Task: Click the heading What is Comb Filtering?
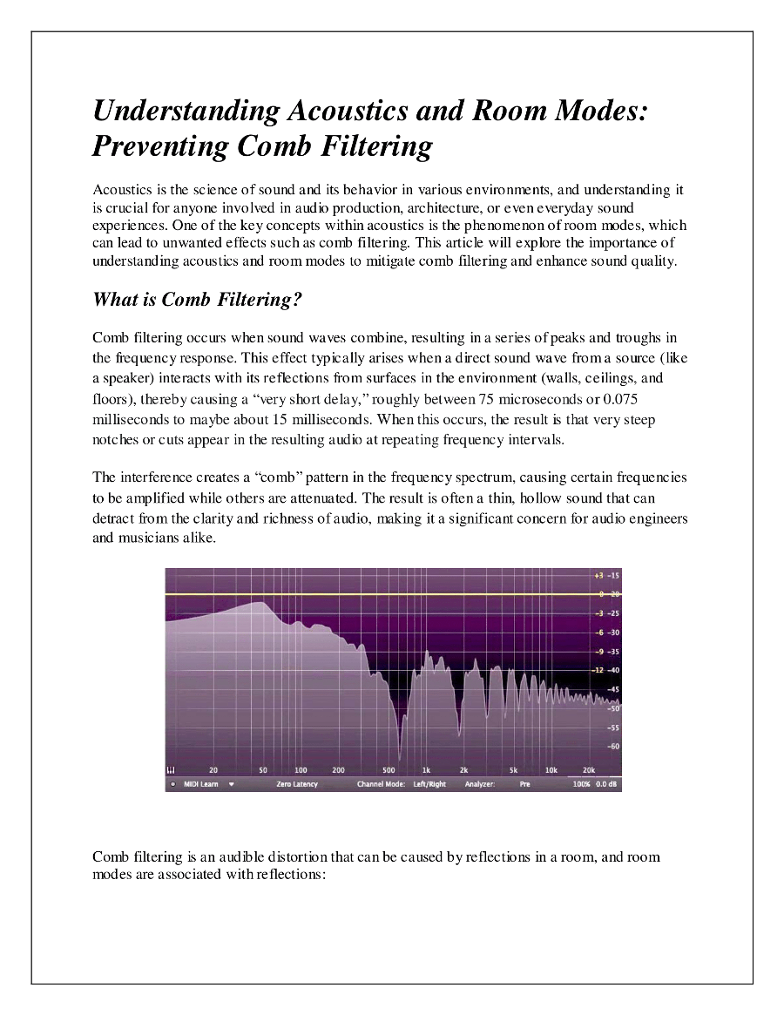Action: (197, 300)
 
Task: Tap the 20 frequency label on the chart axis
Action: (213, 770)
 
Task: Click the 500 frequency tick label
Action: (389, 770)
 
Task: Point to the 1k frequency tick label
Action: (426, 770)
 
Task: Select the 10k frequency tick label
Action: (551, 770)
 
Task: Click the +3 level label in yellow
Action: (598, 576)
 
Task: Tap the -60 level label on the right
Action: (613, 746)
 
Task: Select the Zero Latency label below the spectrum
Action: (297, 784)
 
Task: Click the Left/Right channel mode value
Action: (429, 784)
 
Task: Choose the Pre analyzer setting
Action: (524, 784)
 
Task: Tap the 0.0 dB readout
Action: (606, 784)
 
